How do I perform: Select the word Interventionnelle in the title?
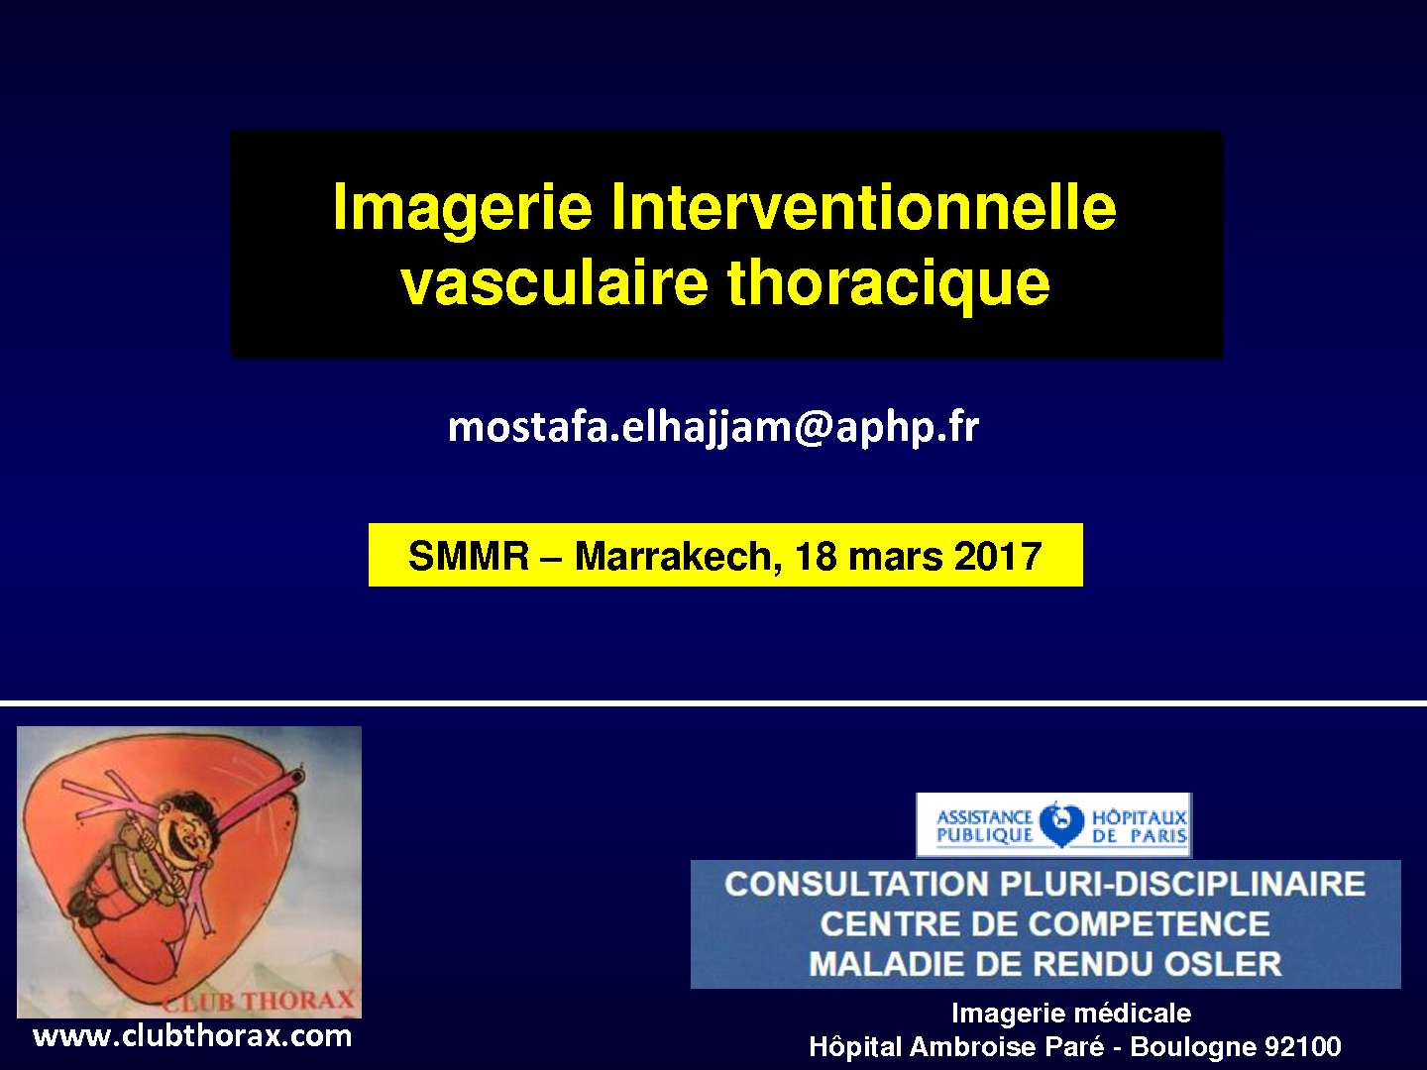point(863,207)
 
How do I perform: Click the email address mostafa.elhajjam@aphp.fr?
point(713,427)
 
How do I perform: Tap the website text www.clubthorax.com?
point(192,1036)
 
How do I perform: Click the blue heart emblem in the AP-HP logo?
point(1060,824)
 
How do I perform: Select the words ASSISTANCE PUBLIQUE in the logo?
point(984,826)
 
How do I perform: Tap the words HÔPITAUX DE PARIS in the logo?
point(1139,826)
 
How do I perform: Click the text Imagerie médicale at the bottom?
point(1070,1013)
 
